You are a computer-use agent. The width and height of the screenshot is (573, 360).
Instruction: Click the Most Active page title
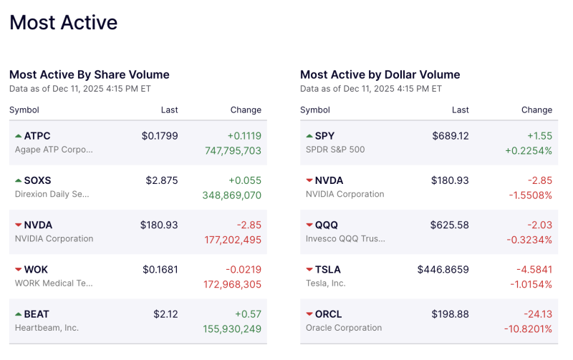coord(63,23)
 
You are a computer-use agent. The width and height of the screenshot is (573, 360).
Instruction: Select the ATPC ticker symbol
coord(37,136)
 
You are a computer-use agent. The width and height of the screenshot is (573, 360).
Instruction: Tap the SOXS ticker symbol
coord(38,180)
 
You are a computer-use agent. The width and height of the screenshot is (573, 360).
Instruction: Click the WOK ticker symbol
coord(37,270)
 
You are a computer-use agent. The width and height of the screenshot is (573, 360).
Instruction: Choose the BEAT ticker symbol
coord(37,314)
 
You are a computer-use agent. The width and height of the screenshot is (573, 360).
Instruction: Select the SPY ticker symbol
coord(324,136)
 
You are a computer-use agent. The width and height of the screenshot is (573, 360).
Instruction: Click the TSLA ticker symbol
coord(328,270)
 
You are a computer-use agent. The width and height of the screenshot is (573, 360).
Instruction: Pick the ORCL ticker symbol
coord(329,314)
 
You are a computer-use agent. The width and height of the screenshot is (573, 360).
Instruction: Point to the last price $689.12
coord(450,136)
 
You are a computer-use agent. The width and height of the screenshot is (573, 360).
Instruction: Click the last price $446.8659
coord(443,270)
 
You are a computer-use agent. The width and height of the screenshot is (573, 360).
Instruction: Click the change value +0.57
coord(247,314)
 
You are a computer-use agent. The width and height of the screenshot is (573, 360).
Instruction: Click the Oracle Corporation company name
coord(344,328)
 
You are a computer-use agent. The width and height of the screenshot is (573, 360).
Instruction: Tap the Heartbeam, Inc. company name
coord(47,328)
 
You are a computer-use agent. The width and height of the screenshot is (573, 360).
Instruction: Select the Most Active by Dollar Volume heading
coord(380,74)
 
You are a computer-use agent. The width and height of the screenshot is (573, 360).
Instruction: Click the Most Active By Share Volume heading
coord(90,74)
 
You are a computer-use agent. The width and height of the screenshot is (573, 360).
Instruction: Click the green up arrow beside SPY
coord(309,136)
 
